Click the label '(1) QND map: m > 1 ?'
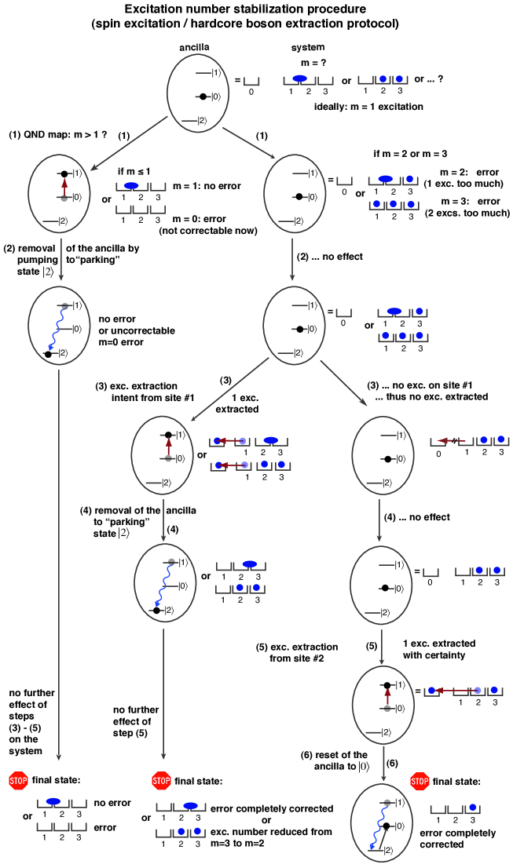tap(55, 133)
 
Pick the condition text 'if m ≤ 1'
tap(134, 171)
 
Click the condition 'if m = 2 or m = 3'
tap(411, 155)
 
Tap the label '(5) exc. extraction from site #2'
tap(297, 652)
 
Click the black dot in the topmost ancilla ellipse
tap(203, 97)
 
